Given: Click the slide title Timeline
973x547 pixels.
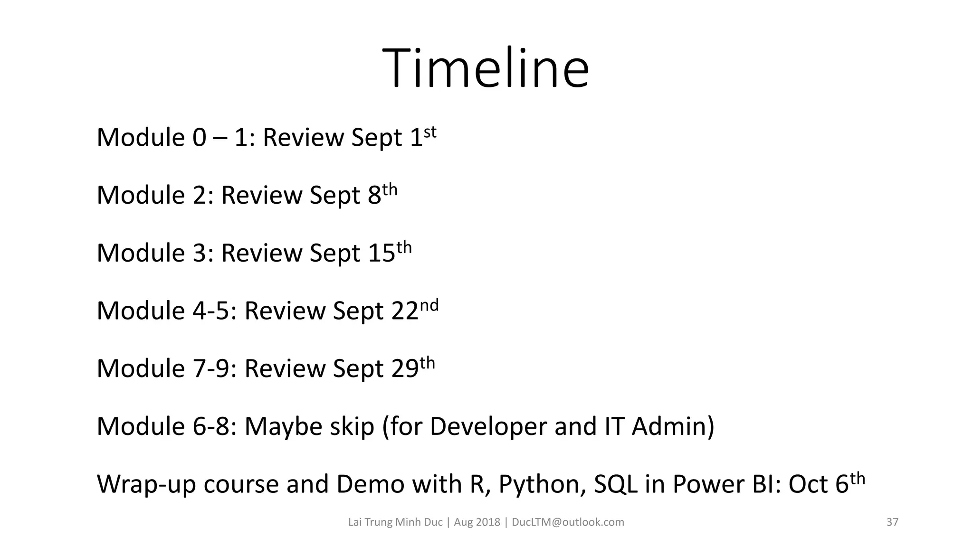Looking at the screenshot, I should pos(486,68).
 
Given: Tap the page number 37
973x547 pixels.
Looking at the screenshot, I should pos(892,522).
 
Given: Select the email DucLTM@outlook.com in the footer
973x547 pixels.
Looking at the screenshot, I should pos(568,522).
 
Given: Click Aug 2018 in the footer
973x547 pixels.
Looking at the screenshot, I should pos(477,522).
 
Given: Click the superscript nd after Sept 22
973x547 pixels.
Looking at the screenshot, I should pos(429,305).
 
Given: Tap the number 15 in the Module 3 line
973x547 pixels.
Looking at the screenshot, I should pos(382,253).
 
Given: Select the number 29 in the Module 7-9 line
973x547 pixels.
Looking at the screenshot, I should pos(405,368).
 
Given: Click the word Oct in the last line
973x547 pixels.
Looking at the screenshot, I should pos(808,484).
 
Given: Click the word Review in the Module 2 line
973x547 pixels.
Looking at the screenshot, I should pos(261,195).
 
